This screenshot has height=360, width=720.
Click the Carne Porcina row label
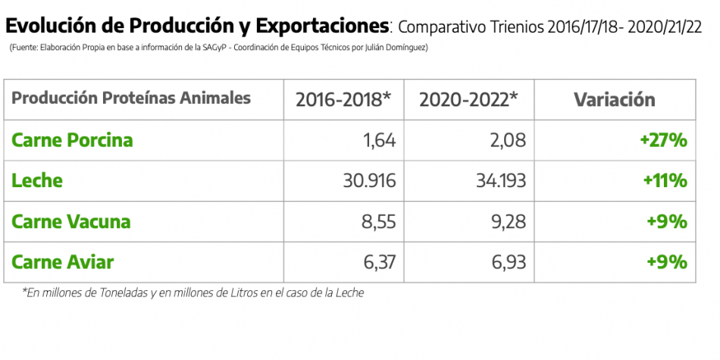[x=73, y=140]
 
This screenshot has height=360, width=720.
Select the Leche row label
[x=37, y=181]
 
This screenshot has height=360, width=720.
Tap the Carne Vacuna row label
[x=71, y=222]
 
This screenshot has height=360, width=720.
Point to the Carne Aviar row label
[x=63, y=262]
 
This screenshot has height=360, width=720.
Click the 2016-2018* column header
[x=343, y=99]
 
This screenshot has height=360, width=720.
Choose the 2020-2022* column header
[x=468, y=99]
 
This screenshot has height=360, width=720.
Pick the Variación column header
[x=614, y=99]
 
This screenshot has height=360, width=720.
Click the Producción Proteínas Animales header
[x=131, y=99]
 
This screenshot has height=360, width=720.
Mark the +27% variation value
[x=663, y=140]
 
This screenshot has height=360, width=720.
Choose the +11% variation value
[x=665, y=181]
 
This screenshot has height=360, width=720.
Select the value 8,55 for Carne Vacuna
[x=377, y=222]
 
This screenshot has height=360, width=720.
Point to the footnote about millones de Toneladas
[x=193, y=293]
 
